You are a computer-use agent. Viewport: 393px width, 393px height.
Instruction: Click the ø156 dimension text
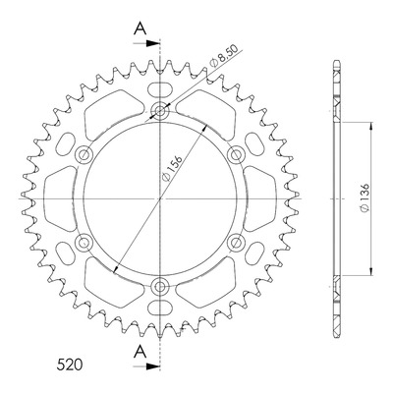coord(172,168)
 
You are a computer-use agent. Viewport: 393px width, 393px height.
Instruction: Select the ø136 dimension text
coord(365,197)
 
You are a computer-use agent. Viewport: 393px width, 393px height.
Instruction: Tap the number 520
coord(70,365)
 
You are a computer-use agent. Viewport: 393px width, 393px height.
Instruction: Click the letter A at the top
coord(140,28)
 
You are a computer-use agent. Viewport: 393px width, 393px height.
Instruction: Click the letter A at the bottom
coord(140,352)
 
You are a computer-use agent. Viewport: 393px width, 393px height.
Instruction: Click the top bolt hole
coord(160,111)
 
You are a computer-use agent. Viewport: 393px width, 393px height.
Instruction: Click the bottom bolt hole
coord(160,287)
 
